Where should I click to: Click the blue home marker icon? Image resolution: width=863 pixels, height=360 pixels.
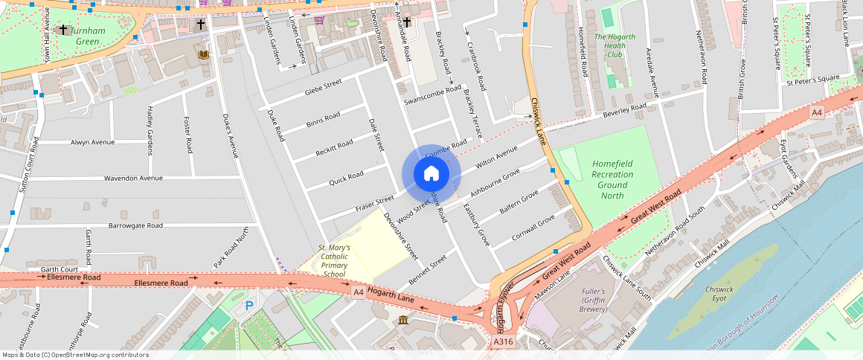tap(431, 174)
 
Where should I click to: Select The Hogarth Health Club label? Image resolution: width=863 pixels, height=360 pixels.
tap(615, 45)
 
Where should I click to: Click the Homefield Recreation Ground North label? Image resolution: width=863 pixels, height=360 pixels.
tap(612, 179)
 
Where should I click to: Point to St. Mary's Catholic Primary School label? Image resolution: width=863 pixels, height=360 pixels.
tap(334, 261)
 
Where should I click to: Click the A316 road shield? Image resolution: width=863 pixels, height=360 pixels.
tap(503, 341)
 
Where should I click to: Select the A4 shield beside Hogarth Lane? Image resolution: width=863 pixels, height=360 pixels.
tap(359, 292)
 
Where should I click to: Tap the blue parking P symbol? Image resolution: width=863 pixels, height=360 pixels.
tap(249, 306)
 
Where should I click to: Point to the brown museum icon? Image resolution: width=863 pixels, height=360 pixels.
tap(402, 320)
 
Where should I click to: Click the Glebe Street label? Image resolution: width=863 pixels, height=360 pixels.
tap(322, 87)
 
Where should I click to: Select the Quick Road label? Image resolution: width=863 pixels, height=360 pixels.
tap(346, 179)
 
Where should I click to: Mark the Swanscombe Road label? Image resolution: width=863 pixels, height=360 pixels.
tap(432, 96)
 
